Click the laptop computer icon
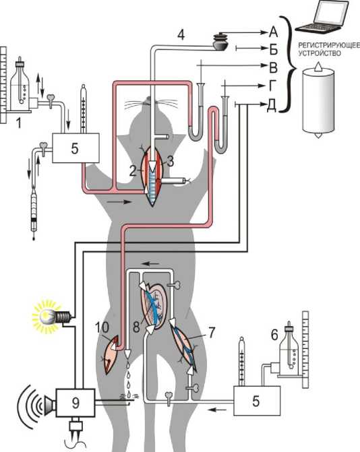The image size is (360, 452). (323, 18)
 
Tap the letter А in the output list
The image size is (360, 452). (273, 32)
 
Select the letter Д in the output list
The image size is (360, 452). (272, 106)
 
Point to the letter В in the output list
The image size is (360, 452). (273, 67)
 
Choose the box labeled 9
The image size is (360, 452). (76, 403)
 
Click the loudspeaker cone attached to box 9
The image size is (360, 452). (50, 403)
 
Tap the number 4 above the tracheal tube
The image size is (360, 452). (181, 35)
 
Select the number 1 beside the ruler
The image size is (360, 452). (18, 123)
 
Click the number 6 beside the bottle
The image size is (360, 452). (274, 334)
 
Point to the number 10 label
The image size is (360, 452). (102, 327)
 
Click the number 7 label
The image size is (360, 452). (212, 332)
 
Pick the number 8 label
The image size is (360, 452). (136, 327)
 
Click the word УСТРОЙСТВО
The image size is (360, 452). (320, 53)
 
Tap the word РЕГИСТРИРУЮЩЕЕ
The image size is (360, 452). (329, 45)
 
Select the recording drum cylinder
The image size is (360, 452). (318, 100)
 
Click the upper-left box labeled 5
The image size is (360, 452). (76, 148)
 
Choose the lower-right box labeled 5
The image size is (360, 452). (257, 401)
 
